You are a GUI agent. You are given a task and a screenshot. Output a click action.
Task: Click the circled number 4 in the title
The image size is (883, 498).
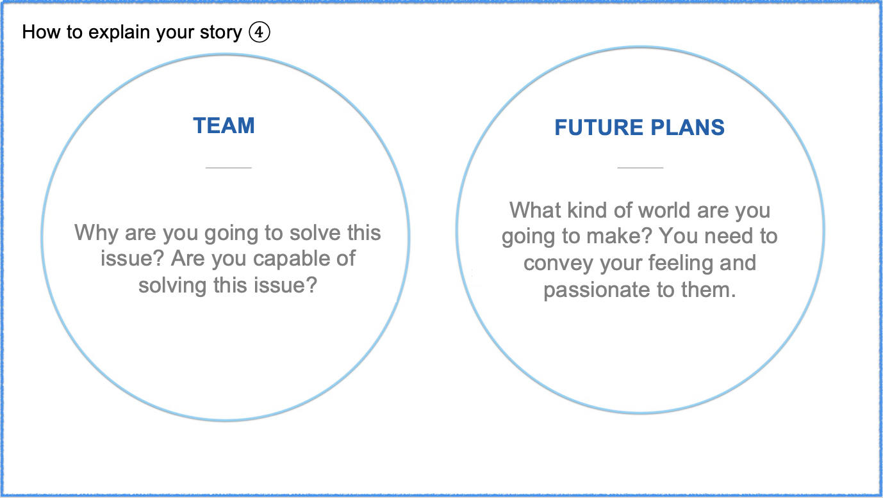pos(260,32)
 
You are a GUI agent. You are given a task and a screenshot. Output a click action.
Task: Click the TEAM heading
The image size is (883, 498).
pos(224,126)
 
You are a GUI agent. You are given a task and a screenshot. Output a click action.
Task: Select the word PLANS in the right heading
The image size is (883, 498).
pos(688,127)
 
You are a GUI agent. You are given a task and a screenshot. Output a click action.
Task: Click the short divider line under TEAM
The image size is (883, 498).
pos(229,168)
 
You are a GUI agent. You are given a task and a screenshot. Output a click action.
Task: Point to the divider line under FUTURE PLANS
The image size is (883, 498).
pos(640,168)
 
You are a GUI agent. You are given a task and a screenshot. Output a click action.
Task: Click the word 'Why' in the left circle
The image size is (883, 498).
pos(96,233)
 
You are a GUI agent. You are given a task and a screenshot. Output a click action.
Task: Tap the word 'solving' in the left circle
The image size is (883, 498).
pos(172,285)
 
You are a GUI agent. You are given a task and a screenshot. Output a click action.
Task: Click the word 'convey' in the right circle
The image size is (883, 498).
pos(558,263)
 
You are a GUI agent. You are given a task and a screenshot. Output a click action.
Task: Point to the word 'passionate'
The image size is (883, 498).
pos(597,291)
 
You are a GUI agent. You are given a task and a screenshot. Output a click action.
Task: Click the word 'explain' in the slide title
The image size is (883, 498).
pos(119,32)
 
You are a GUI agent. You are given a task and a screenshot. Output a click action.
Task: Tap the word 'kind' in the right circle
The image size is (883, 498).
pos(586,210)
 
